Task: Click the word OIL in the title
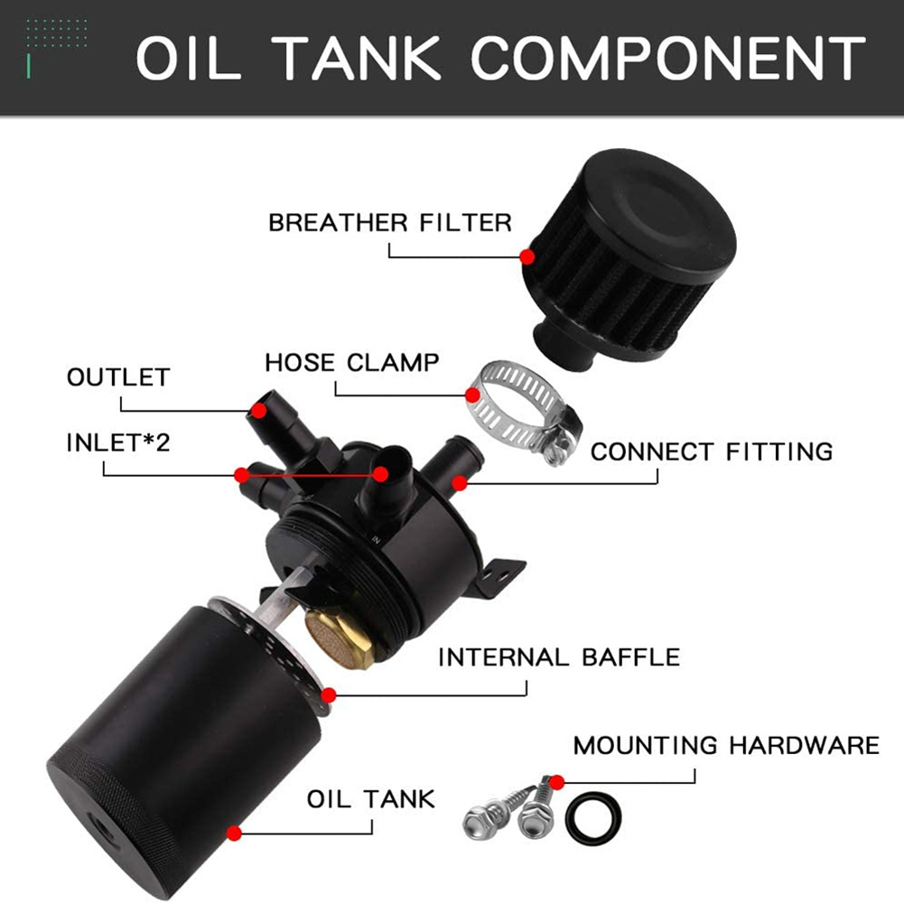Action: point(192,59)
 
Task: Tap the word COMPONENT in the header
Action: point(668,59)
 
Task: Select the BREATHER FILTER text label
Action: point(390,221)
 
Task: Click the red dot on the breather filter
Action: point(527,256)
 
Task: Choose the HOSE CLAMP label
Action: point(352,363)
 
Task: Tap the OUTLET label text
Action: point(118,377)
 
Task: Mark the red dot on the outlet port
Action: point(259,410)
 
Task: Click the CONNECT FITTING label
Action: point(712,451)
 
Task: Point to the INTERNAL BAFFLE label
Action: point(559,657)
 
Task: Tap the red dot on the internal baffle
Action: point(329,694)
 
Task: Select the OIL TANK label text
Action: point(371,798)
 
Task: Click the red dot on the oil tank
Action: point(235,832)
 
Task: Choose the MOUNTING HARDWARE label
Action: point(726,745)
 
